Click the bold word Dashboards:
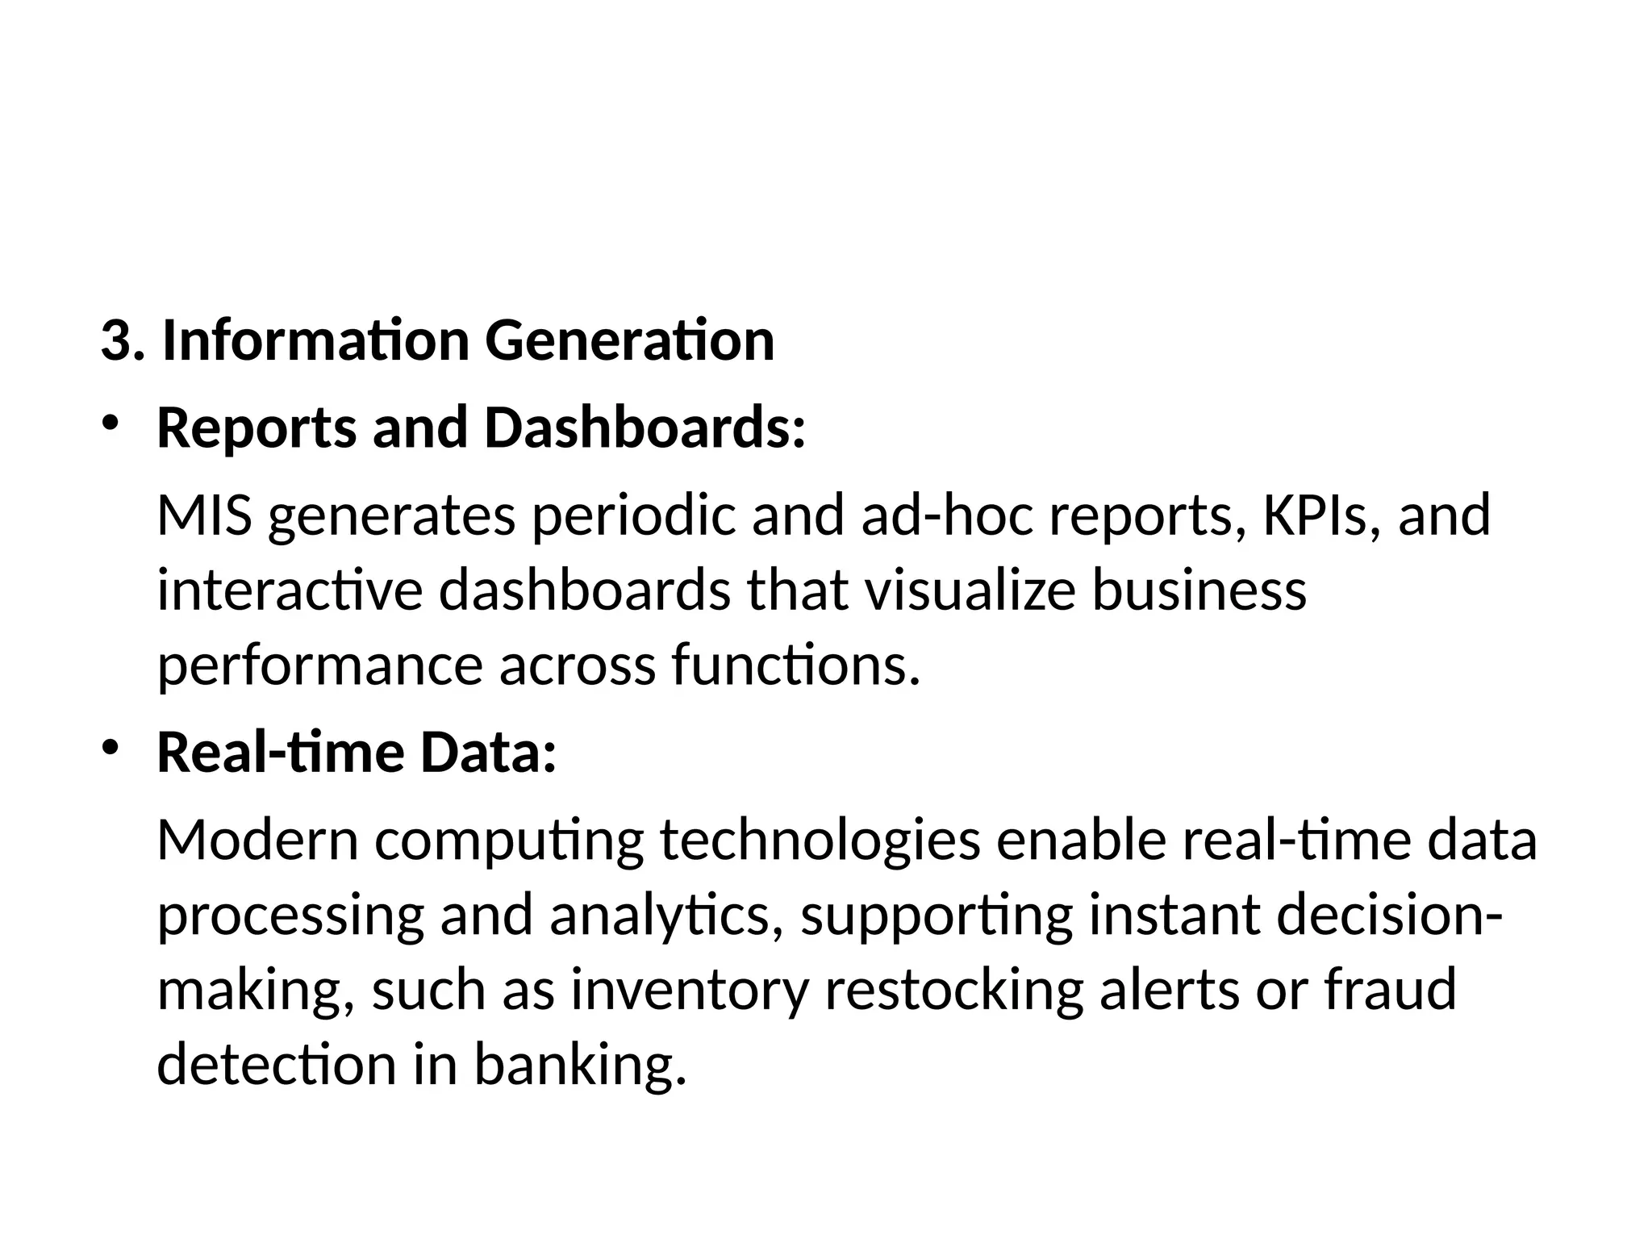645,428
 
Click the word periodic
633,515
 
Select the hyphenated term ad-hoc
946,515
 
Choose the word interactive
290,590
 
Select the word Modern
257,841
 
